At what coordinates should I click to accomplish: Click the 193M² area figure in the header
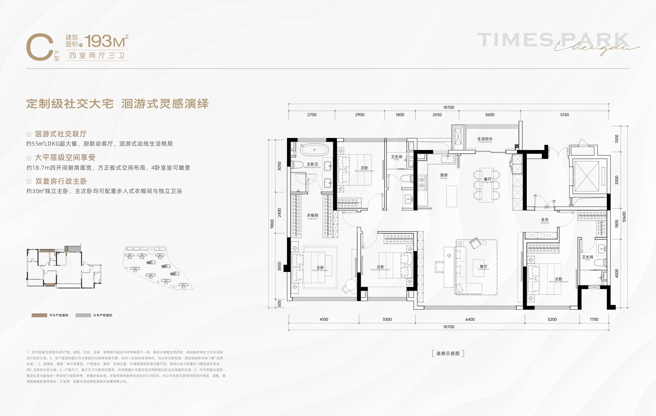(106, 41)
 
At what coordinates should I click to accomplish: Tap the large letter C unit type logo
(40, 47)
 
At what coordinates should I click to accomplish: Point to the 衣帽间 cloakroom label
(313, 216)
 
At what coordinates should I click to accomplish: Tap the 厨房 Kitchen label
(444, 176)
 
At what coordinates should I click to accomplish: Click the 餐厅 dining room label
(487, 180)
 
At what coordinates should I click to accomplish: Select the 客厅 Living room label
(484, 267)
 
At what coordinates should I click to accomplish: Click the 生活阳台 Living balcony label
(485, 139)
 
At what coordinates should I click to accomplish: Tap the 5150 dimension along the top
(565, 115)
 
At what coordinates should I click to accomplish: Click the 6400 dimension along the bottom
(470, 319)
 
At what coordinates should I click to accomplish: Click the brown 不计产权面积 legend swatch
(39, 315)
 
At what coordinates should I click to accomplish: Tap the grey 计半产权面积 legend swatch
(83, 315)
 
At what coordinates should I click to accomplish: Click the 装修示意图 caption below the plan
(448, 354)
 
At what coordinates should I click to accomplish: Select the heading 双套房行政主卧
(61, 181)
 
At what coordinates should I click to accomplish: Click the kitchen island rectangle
(451, 196)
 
